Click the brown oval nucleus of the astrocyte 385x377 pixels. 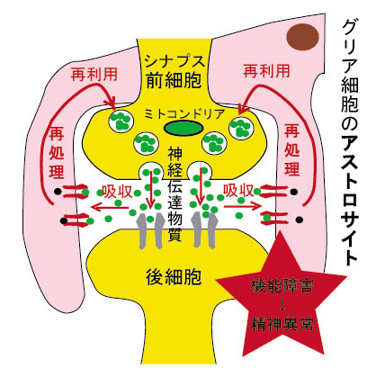coord(302,37)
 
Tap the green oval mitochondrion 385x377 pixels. coord(184,129)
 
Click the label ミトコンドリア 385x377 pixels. coord(184,114)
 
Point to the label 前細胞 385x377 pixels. coord(174,80)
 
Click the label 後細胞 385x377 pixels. coord(174,276)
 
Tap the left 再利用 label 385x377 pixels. coord(94,74)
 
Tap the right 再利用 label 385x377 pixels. coord(266,71)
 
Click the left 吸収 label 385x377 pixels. coord(117,191)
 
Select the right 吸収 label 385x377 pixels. coord(238,190)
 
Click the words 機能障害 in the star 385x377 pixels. coord(282,285)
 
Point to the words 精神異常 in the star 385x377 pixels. coord(282,324)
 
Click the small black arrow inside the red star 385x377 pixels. coord(282,304)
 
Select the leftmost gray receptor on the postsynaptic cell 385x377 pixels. coord(142,231)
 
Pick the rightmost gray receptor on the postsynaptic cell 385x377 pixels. coord(212,230)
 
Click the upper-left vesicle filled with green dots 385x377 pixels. coord(121,121)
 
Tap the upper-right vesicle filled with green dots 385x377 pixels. coord(241,129)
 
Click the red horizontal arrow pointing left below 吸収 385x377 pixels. coord(110,207)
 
